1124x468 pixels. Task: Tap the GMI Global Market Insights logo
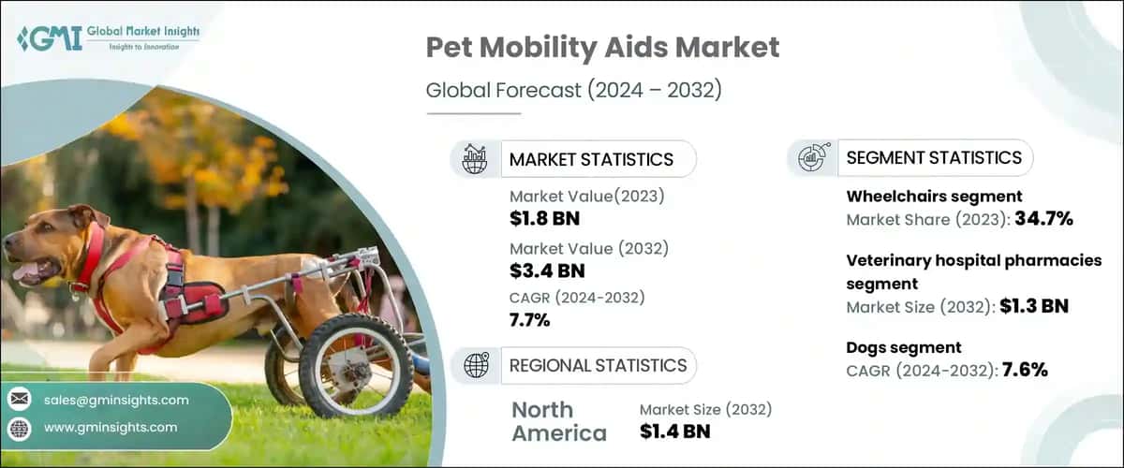click(108, 38)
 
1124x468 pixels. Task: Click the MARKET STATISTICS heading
click(591, 159)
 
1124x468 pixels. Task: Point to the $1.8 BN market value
click(540, 218)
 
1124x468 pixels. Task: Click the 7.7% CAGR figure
click(530, 321)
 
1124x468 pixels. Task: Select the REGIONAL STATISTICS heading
click(598, 365)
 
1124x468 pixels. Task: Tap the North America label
click(558, 421)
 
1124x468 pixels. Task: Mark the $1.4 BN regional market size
click(674, 431)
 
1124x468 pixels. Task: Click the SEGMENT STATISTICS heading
click(934, 157)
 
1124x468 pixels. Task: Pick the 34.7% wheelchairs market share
click(1040, 220)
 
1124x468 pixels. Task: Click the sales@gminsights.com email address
click(116, 400)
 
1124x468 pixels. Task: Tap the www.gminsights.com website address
click(111, 427)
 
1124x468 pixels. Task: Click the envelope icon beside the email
click(19, 400)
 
